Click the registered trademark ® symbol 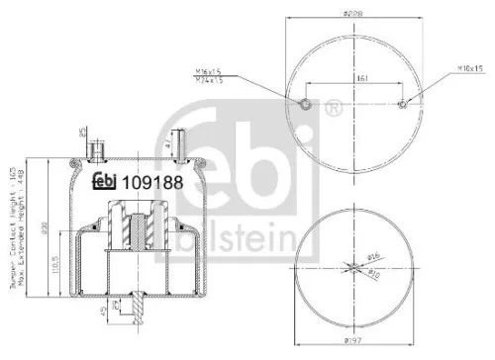334,102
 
